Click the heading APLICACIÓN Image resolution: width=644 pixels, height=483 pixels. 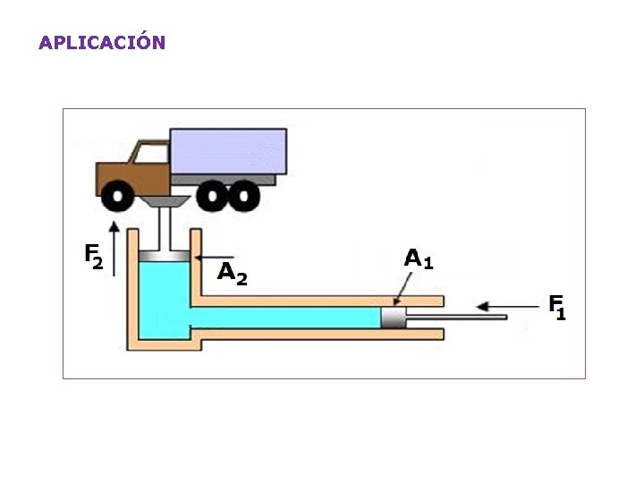102,42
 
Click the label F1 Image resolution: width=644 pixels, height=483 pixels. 557,307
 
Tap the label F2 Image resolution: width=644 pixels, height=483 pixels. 94,256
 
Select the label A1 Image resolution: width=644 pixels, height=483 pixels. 419,258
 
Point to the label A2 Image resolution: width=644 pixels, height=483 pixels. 232,272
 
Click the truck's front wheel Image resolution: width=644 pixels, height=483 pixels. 115,195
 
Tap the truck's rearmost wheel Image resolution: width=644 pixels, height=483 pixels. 244,195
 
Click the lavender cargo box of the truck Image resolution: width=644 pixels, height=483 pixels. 228,150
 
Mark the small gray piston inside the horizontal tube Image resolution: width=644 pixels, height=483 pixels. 393,318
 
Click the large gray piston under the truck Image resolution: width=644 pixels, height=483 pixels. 165,257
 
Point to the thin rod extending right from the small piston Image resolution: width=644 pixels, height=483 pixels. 456,317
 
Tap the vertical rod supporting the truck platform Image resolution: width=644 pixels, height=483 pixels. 165,230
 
